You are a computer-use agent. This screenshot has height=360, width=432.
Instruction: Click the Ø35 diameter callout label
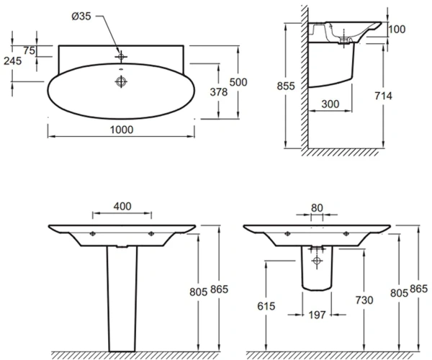tap(81, 17)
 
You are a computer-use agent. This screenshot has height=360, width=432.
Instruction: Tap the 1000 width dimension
tap(122, 130)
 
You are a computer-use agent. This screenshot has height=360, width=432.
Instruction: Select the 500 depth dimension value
tap(238, 82)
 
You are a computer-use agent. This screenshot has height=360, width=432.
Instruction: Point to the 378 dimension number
tap(219, 92)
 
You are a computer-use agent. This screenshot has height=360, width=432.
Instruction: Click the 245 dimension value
tap(13, 61)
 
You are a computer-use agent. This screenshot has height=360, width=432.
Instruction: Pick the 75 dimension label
tap(30, 50)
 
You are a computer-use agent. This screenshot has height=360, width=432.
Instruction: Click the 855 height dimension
tap(286, 86)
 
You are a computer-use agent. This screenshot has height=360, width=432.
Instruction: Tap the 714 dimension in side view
tap(383, 96)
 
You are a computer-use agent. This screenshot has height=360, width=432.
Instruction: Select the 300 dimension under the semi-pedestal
tap(330, 104)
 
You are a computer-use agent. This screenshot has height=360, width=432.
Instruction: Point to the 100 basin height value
tap(397, 30)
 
